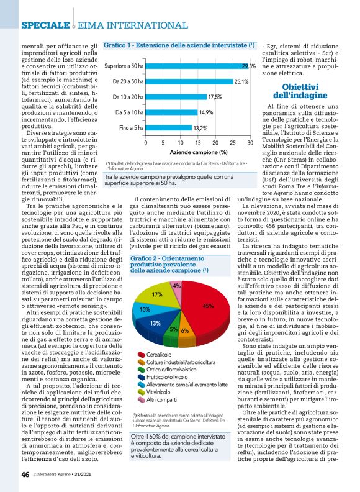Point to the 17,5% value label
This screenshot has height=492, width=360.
[215, 97]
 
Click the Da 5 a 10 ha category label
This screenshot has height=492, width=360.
[128, 112]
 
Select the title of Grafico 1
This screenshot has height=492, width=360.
[179, 46]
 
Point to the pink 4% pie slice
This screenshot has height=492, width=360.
[177, 286]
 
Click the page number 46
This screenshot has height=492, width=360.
[25, 474]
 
